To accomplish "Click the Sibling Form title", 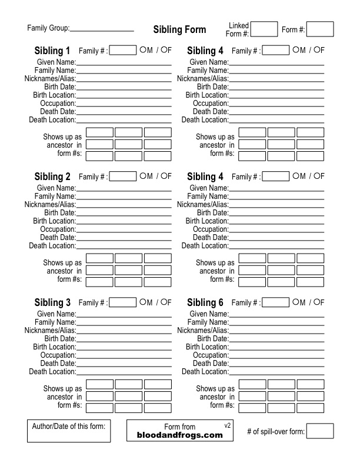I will [x=179, y=30].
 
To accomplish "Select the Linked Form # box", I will [x=264, y=29].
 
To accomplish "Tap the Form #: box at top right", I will [x=320, y=29].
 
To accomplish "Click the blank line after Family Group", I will [x=102, y=29].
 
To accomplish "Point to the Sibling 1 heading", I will [x=52, y=51].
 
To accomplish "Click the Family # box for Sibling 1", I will [x=123, y=51].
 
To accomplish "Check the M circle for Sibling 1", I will [x=143, y=50].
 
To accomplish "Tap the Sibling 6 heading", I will [x=205, y=302].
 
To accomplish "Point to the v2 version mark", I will [x=228, y=424].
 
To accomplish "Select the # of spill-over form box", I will [x=320, y=431].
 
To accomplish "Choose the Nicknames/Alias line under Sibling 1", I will [x=124, y=78].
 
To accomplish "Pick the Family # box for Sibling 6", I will [x=276, y=302].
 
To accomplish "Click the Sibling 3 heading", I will [x=52, y=302].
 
